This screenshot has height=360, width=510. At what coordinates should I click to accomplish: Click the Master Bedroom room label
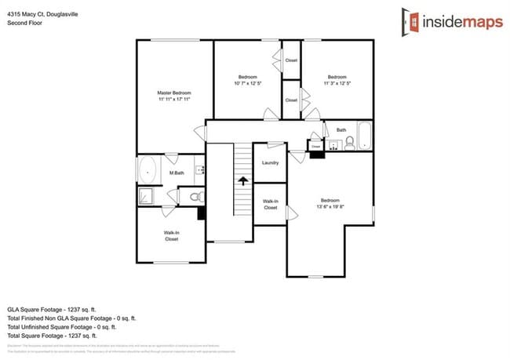point(174,93)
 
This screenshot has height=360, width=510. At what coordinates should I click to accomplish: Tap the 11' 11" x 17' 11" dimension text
point(174,100)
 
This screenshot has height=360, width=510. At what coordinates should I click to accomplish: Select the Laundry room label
point(270,163)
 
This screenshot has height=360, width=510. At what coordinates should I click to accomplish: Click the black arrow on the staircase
point(243,181)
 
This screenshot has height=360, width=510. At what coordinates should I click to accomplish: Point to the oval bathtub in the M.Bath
point(148,170)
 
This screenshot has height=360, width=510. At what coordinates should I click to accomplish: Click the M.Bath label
point(177,173)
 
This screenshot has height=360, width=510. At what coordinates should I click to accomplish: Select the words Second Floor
point(24,24)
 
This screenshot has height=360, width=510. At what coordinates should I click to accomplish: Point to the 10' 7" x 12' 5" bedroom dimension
point(248,83)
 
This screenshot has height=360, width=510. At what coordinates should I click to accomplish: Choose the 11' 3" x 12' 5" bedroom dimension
point(337,83)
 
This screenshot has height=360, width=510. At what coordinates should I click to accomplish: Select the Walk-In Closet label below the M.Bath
point(171,235)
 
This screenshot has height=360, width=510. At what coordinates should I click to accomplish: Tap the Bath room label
point(341,129)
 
